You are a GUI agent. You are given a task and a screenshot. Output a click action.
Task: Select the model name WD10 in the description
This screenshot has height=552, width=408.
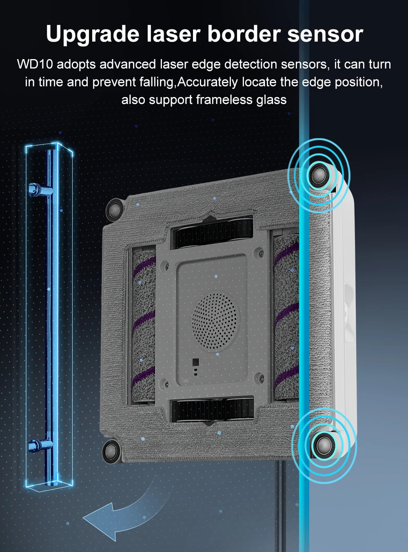[x=35, y=64]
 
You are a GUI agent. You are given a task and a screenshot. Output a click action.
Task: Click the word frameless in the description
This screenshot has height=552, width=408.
[x=224, y=100]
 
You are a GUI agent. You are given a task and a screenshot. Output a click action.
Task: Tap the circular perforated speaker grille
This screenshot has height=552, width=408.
[x=215, y=321]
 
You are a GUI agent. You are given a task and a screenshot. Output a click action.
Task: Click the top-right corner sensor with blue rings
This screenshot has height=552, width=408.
[x=319, y=175]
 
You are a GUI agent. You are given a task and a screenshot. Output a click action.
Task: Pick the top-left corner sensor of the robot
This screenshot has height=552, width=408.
[x=114, y=210]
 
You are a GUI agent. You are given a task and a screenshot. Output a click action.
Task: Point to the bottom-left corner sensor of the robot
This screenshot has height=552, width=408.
[x=111, y=451]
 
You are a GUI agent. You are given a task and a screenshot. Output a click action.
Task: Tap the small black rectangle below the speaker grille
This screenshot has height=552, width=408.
[x=196, y=361]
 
